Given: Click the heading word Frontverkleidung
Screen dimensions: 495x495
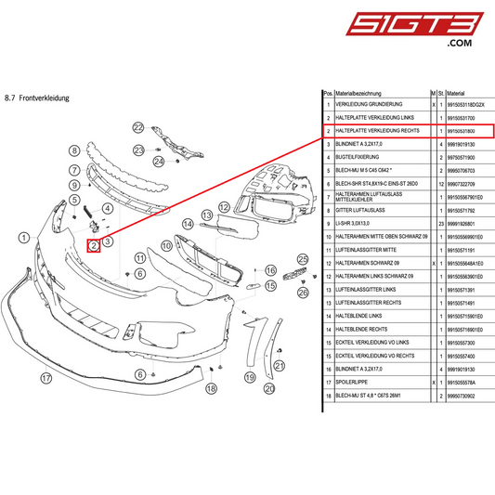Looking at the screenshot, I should (x=46, y=97).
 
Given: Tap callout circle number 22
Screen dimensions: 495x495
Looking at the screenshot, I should (x=139, y=127).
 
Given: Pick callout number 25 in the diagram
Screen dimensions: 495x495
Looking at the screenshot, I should (x=301, y=258).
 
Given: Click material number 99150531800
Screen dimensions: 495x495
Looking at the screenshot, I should (x=460, y=132).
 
